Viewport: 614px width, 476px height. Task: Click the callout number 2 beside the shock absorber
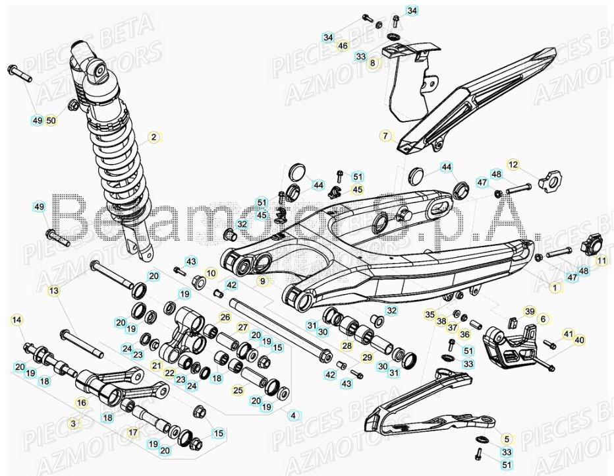tap(153, 137)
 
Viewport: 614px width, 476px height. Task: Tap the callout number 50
tap(51, 121)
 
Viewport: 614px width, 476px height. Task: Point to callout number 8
tap(293, 415)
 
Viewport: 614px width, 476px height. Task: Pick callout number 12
tap(543, 318)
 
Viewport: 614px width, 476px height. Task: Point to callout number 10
tap(211, 273)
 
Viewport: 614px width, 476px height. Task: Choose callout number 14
tap(600, 261)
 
